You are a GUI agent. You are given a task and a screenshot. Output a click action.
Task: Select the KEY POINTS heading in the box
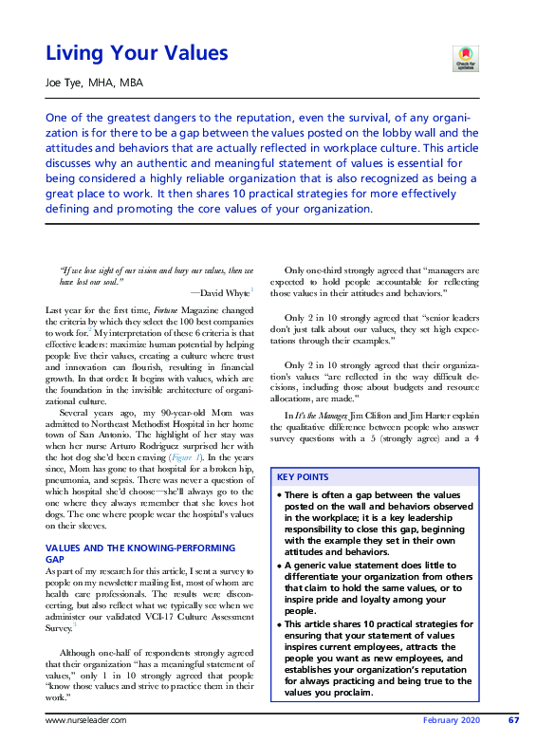tap(304, 476)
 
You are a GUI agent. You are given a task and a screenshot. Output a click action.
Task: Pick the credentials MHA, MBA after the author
tap(119, 84)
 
